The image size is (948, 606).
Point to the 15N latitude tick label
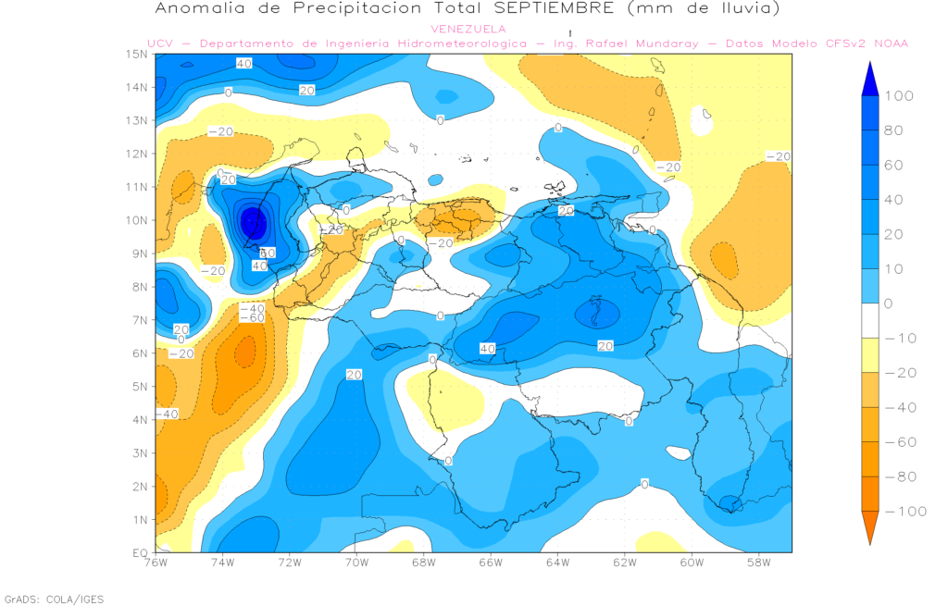139,54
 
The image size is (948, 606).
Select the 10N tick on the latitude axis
139,220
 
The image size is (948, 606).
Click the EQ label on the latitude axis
141,552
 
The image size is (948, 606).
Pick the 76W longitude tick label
156,563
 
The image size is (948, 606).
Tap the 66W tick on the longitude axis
490,563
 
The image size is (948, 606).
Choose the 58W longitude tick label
757,563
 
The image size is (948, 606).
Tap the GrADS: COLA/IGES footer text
54,600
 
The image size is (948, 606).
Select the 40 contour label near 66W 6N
488,348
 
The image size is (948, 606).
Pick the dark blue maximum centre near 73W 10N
253,222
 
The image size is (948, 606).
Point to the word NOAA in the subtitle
891,43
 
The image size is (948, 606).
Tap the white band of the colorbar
869,321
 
